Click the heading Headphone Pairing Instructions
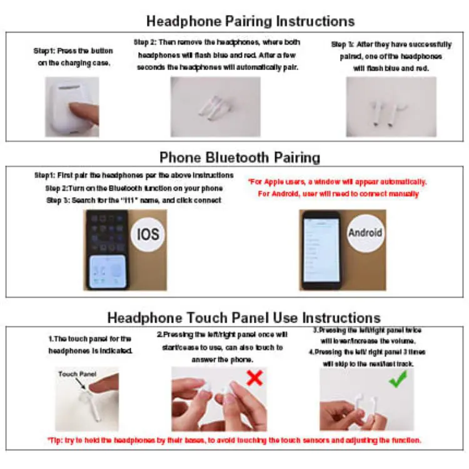[250, 21]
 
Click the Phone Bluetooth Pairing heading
[240, 157]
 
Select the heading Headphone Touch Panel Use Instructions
[244, 317]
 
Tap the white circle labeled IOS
[148, 234]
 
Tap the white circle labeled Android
[365, 233]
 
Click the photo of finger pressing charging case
[72, 107]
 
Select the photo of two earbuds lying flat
[215, 107]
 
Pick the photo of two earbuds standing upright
[383, 107]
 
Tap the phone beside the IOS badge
[107, 250]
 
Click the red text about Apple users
[338, 182]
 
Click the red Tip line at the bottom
[234, 440]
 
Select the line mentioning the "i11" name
[134, 200]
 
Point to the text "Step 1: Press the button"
[72, 51]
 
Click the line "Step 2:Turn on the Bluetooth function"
[134, 188]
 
